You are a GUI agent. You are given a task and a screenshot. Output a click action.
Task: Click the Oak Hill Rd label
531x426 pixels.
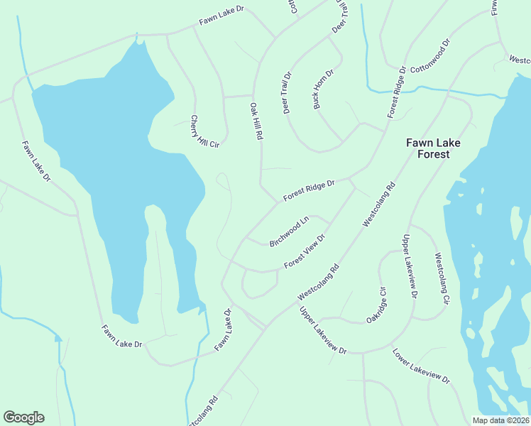click(x=256, y=121)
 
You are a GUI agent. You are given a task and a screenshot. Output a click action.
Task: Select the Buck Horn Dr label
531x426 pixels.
click(x=323, y=89)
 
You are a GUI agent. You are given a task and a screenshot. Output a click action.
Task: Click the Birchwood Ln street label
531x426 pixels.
click(x=290, y=232)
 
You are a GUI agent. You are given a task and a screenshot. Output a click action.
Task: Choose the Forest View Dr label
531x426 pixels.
click(x=304, y=252)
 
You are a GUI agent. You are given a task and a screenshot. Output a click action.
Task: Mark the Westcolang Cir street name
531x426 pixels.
click(x=441, y=279)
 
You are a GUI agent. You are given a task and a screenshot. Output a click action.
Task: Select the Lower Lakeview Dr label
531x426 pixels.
click(x=421, y=366)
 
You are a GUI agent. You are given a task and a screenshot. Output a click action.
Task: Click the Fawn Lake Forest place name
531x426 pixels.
click(x=433, y=148)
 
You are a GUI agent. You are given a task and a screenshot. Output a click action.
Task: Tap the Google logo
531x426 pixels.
click(x=23, y=417)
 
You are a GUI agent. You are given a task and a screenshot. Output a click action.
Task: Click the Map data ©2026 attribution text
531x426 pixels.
click(x=501, y=420)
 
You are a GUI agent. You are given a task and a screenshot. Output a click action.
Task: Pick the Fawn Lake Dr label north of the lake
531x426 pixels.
click(x=221, y=16)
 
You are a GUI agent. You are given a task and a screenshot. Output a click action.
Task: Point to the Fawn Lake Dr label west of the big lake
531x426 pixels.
click(x=36, y=161)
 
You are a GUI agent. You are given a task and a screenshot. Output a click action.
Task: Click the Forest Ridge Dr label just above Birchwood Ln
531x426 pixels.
click(x=309, y=190)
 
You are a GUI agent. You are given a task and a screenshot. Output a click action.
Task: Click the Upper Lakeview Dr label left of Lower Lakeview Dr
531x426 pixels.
click(x=322, y=331)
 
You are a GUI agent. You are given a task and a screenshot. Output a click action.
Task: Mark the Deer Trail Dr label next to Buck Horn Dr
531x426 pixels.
click(x=288, y=92)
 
